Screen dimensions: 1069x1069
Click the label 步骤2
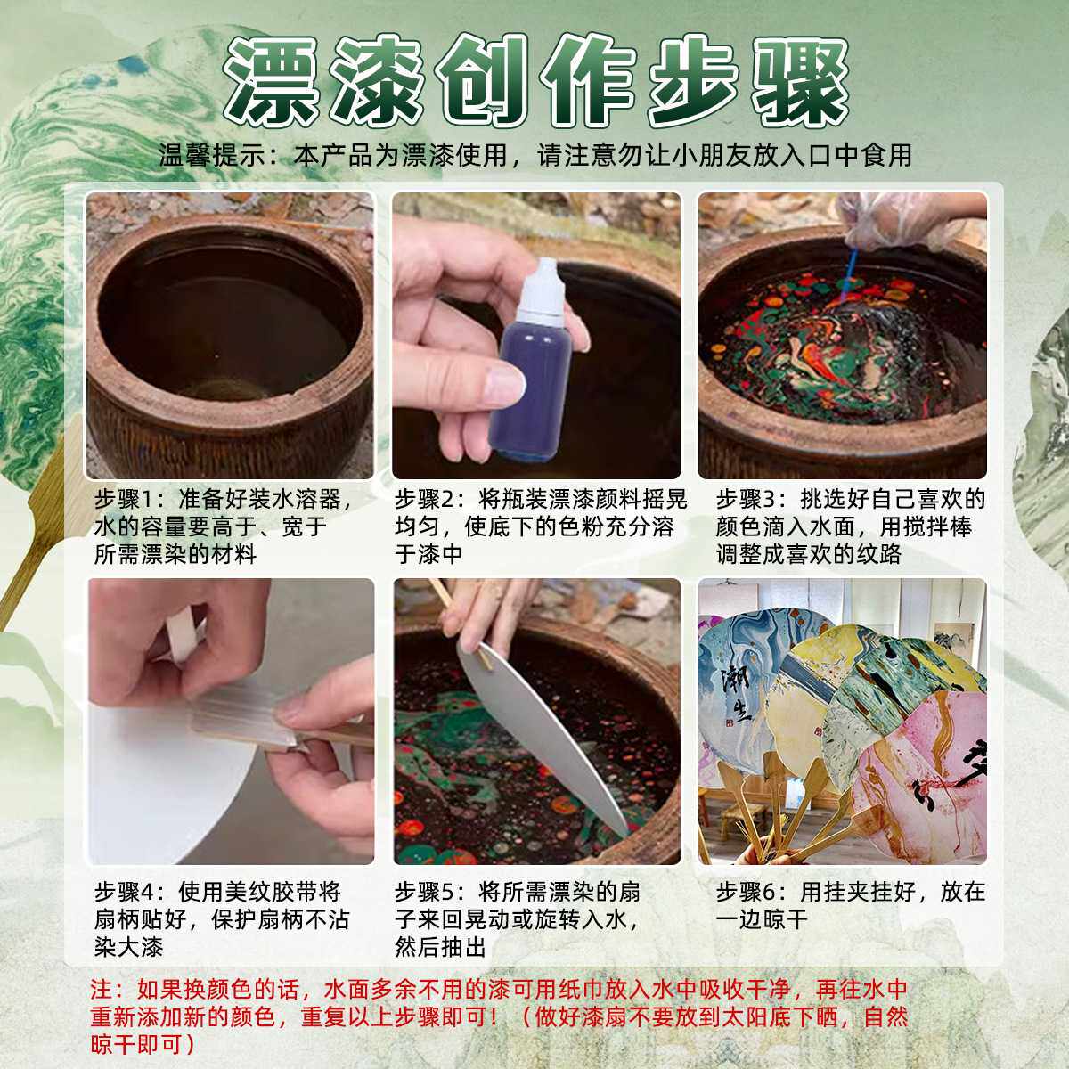point(431,498)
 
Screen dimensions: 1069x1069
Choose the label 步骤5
point(431,892)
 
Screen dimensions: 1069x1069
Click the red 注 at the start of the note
point(100,990)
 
